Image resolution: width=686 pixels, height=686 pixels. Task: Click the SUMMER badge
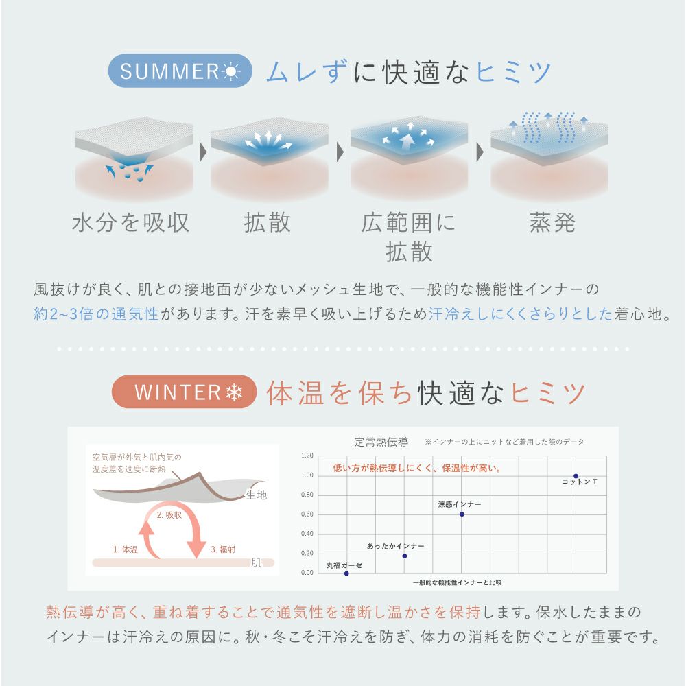pyautogui.click(x=180, y=71)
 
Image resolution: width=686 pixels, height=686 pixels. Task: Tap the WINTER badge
pyautogui.click(x=184, y=392)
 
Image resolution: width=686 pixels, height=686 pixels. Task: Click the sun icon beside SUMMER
pyautogui.click(x=231, y=71)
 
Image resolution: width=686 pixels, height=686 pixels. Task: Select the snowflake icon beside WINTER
pyautogui.click(x=234, y=392)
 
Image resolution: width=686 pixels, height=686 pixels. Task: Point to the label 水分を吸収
pyautogui.click(x=131, y=222)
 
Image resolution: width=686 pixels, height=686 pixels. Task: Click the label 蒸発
pyautogui.click(x=552, y=222)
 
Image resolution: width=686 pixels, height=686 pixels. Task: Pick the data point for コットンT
pyautogui.click(x=576, y=476)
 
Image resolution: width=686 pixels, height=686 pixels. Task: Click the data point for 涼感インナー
pyautogui.click(x=462, y=514)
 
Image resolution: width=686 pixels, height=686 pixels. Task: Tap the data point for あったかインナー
pyautogui.click(x=404, y=556)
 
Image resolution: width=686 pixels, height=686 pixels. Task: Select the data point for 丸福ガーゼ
pyautogui.click(x=346, y=573)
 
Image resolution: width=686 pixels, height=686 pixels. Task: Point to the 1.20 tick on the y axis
pyautogui.click(x=307, y=456)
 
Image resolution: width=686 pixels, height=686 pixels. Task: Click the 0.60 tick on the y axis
pyautogui.click(x=307, y=514)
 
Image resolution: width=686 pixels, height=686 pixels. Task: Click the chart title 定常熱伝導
pyautogui.click(x=381, y=442)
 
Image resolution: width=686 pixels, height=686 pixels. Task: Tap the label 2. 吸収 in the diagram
pyautogui.click(x=169, y=515)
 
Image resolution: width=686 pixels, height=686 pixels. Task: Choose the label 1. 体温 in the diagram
pyautogui.click(x=125, y=549)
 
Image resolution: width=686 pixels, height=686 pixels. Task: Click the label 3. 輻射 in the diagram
pyautogui.click(x=223, y=549)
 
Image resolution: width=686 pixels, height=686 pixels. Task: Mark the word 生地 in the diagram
pyautogui.click(x=257, y=495)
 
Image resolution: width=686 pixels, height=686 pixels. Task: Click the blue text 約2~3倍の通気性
pyautogui.click(x=96, y=314)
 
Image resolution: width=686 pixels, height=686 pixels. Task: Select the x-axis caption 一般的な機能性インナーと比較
pyautogui.click(x=457, y=582)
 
